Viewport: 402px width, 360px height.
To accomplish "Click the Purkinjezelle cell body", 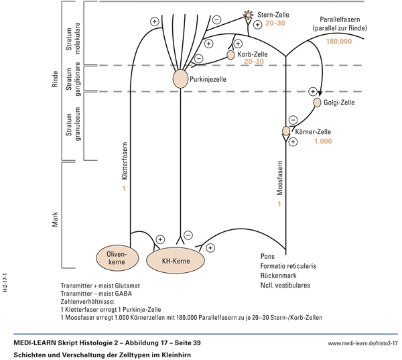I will click(180, 79).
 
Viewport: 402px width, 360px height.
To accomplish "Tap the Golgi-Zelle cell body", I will click(318, 103).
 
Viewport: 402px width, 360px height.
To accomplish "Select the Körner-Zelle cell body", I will click(286, 131).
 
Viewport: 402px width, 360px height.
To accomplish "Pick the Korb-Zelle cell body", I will click(231, 55).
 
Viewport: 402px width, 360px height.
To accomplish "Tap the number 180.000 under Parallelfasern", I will click(338, 41).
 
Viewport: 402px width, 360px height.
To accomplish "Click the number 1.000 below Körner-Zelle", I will click(323, 142).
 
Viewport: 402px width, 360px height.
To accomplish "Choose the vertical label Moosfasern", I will click(280, 178).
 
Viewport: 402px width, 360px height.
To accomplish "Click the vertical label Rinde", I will click(56, 79).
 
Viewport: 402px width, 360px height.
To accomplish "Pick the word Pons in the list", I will click(268, 256).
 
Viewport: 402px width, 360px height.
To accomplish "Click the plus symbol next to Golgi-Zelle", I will click(312, 91).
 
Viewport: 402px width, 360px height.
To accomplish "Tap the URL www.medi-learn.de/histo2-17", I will click(362, 343).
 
